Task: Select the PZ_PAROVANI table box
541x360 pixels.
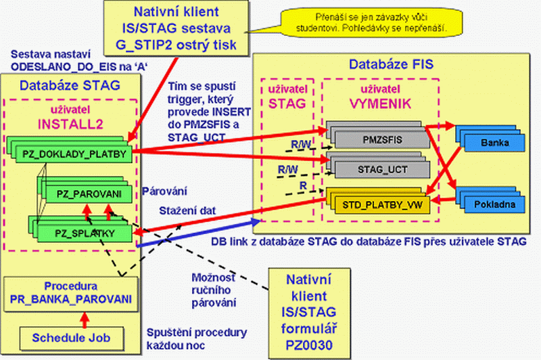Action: coord(85,194)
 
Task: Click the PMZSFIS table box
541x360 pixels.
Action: coord(379,137)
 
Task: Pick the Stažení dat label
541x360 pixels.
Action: coord(187,210)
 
